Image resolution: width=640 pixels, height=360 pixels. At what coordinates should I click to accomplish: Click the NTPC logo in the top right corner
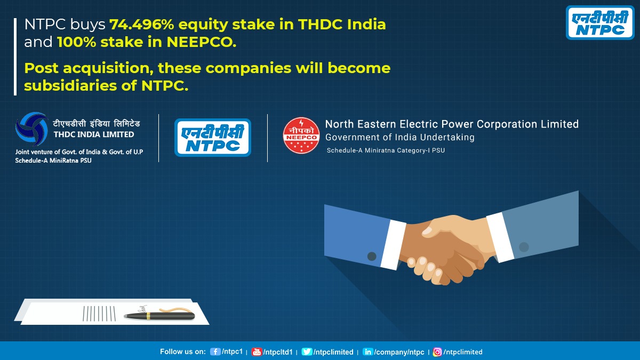coord(601,23)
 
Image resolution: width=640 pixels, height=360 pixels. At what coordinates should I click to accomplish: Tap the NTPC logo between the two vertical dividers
coord(213,137)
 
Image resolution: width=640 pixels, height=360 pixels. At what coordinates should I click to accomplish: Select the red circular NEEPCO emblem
coord(301,135)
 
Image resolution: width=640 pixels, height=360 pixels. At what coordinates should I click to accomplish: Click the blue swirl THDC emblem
coord(32,129)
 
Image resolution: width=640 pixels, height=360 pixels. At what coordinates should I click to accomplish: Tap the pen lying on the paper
coord(159,315)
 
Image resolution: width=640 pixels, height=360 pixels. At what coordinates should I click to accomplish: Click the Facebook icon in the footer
coord(215,352)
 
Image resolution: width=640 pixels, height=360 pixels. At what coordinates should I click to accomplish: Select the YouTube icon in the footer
coord(257,352)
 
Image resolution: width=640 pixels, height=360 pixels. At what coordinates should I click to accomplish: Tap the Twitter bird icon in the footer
coord(307,352)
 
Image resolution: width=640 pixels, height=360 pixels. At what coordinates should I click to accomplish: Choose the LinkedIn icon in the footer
coord(368,352)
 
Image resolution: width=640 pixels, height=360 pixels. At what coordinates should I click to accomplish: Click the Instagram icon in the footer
coord(437,352)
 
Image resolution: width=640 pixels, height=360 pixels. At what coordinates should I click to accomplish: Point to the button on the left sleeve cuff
coord(372,257)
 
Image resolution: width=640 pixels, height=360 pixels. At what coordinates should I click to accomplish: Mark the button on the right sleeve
coord(524,247)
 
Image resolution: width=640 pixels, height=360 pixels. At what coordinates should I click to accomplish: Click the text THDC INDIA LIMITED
coord(93,135)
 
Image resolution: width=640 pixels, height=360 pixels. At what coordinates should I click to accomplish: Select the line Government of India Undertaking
coord(400,138)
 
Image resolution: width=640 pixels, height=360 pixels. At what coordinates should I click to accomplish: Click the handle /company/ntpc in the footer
coord(399,352)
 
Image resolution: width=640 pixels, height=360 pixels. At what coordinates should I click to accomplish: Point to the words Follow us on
coord(182,352)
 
